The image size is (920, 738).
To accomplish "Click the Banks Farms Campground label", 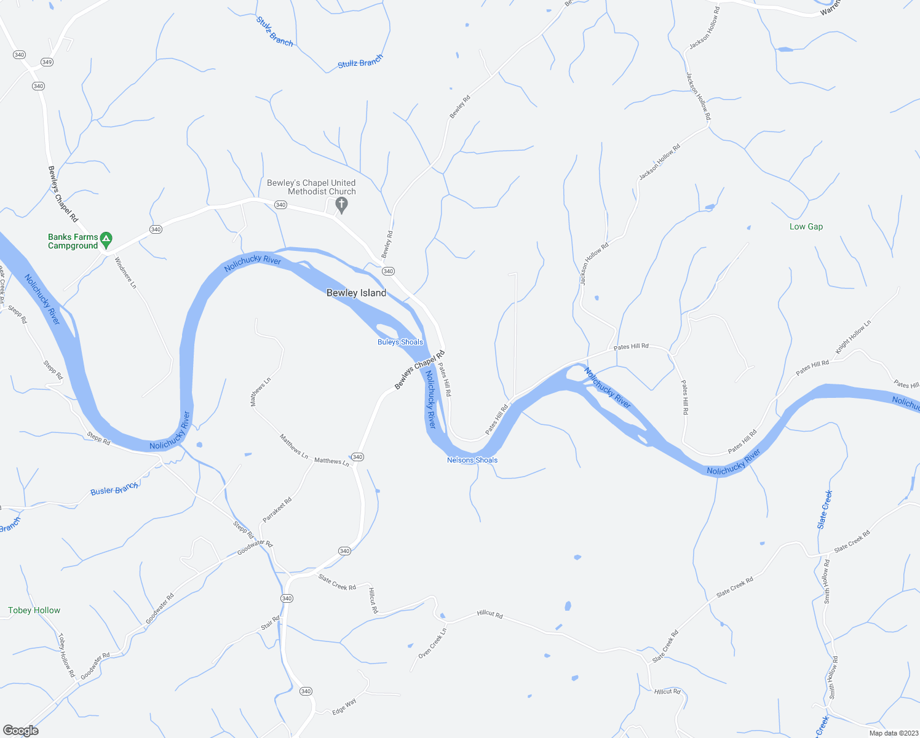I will tap(73, 241).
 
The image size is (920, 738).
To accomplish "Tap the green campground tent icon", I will tap(106, 238).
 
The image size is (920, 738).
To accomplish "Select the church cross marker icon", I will tap(342, 204).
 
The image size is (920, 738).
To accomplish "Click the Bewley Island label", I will tap(356, 293).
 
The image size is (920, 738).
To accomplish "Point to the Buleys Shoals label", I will tap(400, 342).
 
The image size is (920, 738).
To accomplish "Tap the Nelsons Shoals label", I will tap(472, 460).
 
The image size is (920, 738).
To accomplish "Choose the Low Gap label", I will tap(806, 226).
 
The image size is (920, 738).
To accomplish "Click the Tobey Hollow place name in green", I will tap(34, 610).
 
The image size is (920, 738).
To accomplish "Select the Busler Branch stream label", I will tap(114, 490).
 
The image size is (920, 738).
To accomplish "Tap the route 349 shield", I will tap(47, 62).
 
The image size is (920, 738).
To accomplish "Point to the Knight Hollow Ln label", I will tap(853, 338).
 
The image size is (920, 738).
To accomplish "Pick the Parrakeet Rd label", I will tap(277, 510).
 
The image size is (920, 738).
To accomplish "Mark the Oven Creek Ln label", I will tap(432, 643).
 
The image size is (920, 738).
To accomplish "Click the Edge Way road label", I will tap(344, 706).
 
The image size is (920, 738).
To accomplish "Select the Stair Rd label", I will tap(270, 623).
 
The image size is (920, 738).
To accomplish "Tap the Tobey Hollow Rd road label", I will tap(66, 656).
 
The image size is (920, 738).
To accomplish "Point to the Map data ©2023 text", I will tap(892, 733).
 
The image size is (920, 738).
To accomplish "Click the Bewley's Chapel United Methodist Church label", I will tap(311, 187).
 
